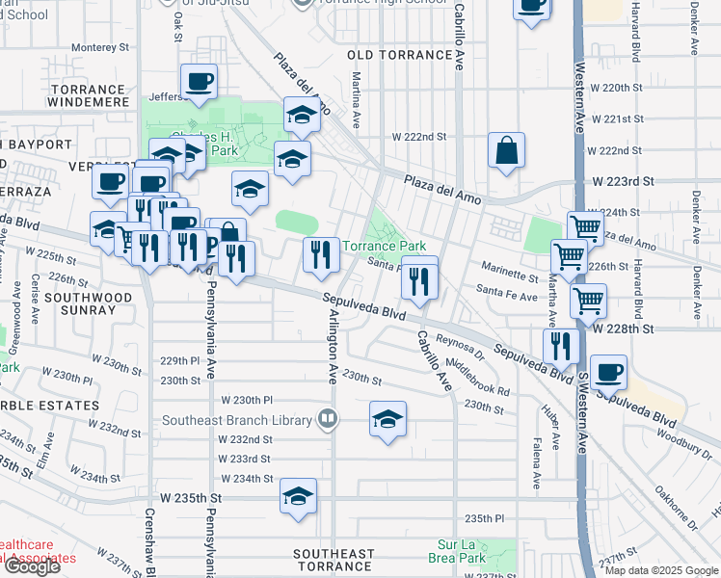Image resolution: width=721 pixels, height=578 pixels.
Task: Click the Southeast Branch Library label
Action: [237, 420]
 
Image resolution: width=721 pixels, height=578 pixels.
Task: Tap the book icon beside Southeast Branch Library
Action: [328, 420]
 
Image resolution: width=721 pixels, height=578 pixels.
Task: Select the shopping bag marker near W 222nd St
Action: [506, 150]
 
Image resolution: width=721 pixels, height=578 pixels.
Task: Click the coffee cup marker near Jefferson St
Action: [199, 82]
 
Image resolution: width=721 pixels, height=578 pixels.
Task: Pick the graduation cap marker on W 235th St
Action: [299, 497]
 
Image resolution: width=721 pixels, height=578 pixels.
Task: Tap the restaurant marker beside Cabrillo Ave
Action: [418, 280]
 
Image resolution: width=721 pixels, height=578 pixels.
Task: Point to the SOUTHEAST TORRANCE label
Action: [334, 560]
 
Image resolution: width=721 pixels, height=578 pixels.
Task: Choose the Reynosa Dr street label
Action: [459, 344]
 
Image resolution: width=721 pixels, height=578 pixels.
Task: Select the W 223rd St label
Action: [623, 181]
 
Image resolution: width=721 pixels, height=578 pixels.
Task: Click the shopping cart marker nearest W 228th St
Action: [587, 300]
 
